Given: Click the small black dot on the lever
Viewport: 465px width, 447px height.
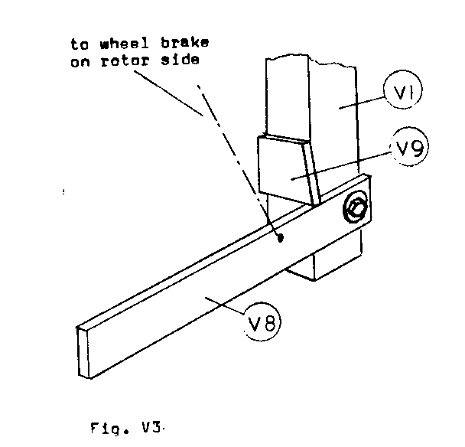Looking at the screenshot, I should click(280, 238).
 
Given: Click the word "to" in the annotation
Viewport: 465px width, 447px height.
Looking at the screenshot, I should click(77, 43).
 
